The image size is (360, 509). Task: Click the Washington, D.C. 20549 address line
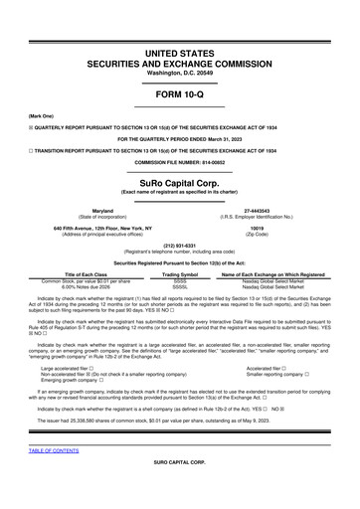click(180, 47)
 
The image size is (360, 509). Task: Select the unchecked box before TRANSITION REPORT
click(32, 150)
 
